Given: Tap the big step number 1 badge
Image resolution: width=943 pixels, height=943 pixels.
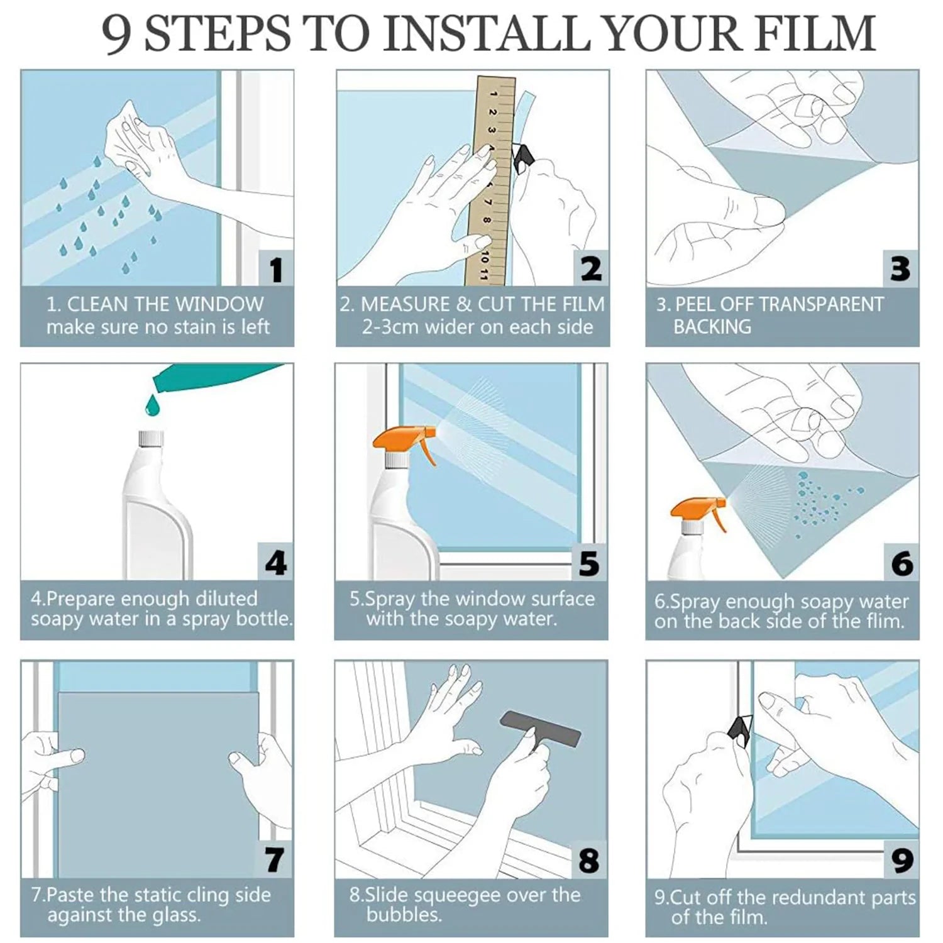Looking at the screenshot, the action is (277, 268).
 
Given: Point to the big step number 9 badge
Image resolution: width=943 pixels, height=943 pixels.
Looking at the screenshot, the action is (902, 859).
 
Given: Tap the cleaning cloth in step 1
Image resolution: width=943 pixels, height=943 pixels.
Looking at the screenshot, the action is (130, 140).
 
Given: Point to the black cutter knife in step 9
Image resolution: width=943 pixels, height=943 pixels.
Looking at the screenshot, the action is (740, 731).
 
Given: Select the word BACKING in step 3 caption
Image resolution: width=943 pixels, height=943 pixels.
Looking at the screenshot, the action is (712, 327).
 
